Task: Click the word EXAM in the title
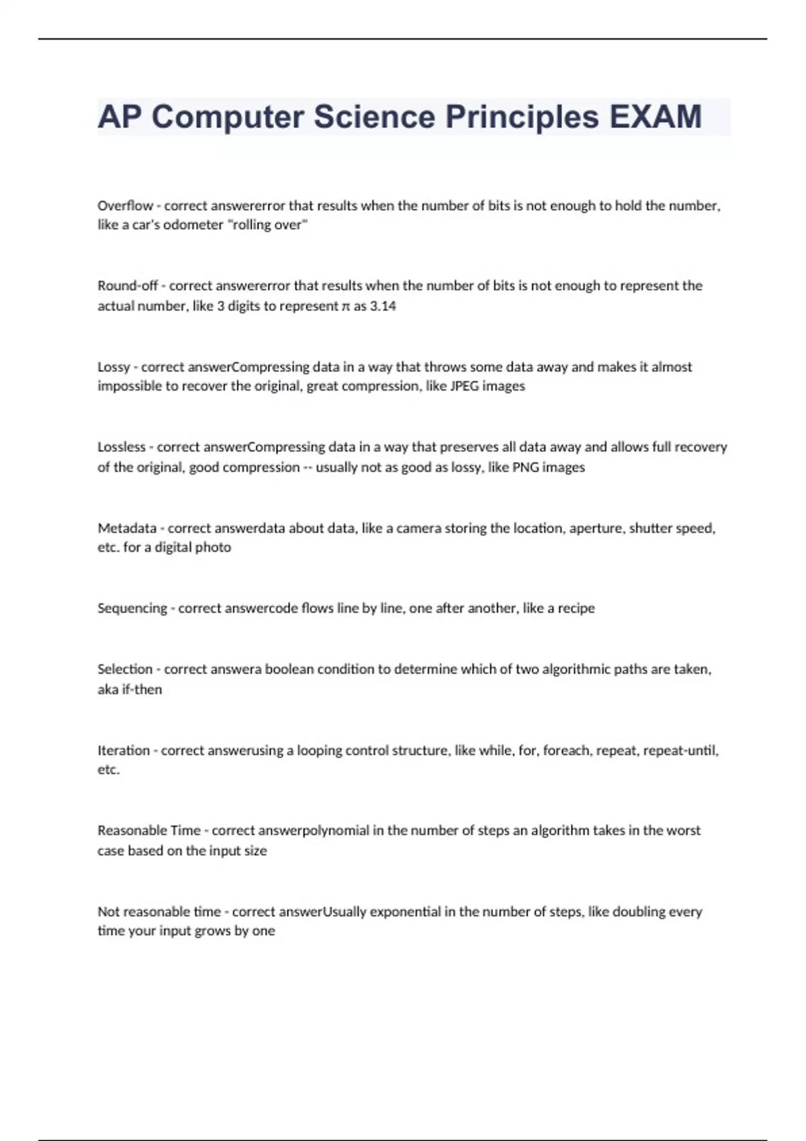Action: point(655,117)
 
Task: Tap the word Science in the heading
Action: point(374,117)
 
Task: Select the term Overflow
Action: point(125,205)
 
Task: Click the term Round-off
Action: point(127,285)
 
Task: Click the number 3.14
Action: point(383,306)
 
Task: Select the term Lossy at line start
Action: point(114,367)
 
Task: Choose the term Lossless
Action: point(121,447)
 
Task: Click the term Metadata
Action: point(126,528)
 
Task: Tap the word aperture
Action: point(596,528)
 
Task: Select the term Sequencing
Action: point(132,608)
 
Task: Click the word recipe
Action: point(576,608)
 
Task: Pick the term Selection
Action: point(124,669)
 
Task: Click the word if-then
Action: point(142,689)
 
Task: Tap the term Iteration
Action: point(123,750)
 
